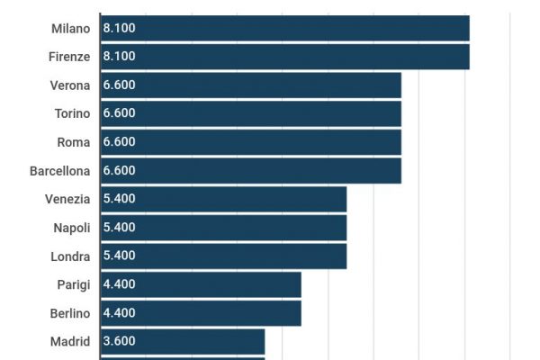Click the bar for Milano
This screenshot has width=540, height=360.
pos(284,28)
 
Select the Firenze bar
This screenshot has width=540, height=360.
pos(284,56)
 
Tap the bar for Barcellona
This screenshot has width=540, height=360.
pos(250,170)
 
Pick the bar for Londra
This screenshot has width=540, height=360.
pos(223,256)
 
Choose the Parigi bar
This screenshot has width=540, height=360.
pos(201,284)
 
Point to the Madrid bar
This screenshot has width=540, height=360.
pos(183,341)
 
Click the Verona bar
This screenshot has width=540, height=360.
pos(250,85)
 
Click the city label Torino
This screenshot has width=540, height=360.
pos(72,113)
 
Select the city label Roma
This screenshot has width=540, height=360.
pos(73,142)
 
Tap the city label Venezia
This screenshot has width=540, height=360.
pos(67,199)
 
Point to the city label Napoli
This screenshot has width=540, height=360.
pos(71,228)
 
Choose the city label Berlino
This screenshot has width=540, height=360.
pos(69,313)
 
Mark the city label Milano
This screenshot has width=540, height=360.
pos(71,28)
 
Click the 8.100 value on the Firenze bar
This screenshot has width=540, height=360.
pos(119,56)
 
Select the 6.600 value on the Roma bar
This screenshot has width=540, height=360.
pos(119,142)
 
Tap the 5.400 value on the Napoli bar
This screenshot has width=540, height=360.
pos(119,228)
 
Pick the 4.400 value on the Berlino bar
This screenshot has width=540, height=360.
pos(119,313)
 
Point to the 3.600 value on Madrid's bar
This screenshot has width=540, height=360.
pos(119,341)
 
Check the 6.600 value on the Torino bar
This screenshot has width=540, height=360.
pos(119,113)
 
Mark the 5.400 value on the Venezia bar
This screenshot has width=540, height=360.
pos(119,199)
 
